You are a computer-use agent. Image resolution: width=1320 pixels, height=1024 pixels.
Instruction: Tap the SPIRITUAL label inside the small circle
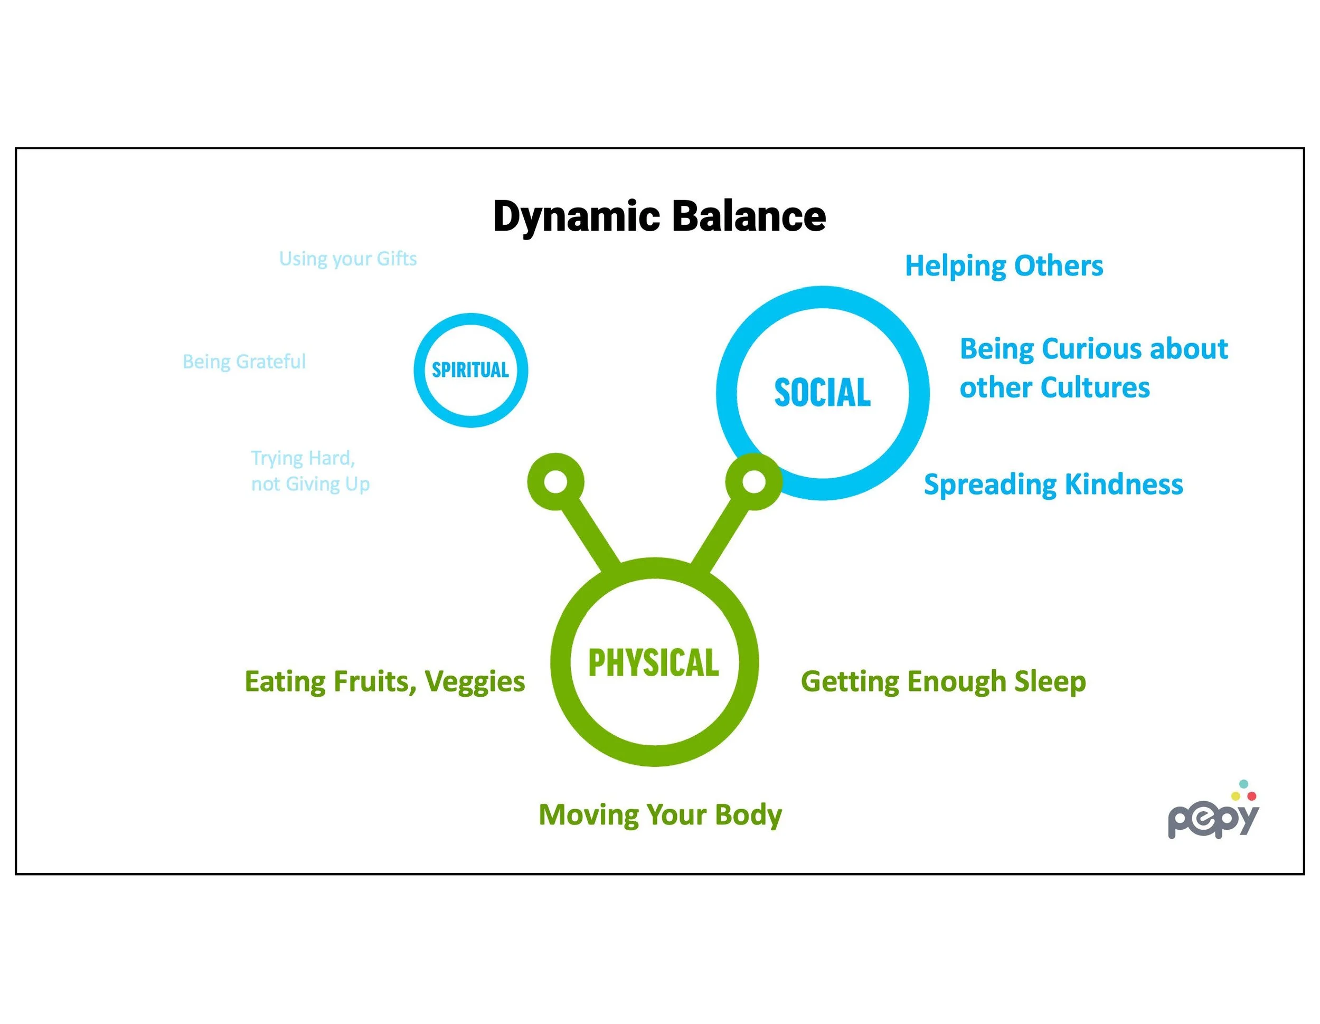(x=470, y=369)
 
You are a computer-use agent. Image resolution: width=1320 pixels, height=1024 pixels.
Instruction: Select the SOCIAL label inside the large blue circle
(x=823, y=393)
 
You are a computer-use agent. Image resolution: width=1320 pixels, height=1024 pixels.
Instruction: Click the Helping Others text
(x=1004, y=266)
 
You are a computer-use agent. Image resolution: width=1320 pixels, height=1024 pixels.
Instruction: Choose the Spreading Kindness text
(x=1053, y=485)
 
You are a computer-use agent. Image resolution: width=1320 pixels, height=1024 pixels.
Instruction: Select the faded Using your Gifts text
(x=347, y=259)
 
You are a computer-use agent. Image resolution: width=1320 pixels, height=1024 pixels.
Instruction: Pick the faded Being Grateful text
(x=244, y=361)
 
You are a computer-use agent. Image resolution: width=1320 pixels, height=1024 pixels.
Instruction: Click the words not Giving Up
(x=310, y=484)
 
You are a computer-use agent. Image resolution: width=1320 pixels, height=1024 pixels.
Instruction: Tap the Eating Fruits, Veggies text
(x=384, y=681)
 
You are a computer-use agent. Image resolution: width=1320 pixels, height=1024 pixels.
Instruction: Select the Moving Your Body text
(x=660, y=814)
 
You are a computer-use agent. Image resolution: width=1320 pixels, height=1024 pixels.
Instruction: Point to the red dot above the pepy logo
(x=1252, y=797)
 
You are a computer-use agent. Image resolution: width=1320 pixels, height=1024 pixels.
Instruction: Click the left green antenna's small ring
(x=555, y=481)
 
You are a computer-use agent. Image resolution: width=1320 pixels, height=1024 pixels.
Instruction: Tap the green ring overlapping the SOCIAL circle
(x=753, y=481)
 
